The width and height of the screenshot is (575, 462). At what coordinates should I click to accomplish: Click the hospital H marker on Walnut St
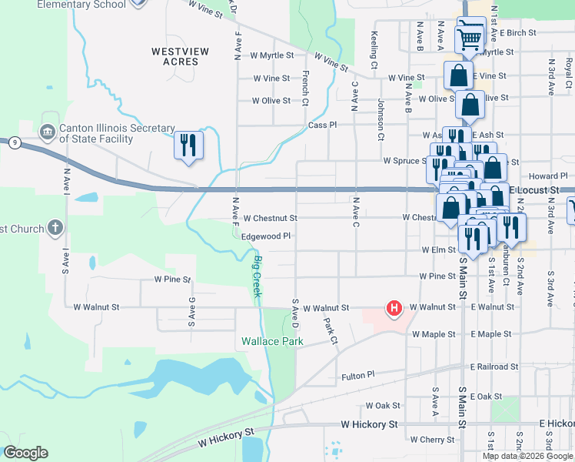click(x=394, y=309)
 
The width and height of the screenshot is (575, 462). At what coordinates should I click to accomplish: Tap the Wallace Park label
click(x=268, y=340)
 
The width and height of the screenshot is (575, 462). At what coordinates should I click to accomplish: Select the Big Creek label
click(x=258, y=277)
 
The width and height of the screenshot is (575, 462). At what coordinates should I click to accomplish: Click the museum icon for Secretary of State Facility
click(x=48, y=132)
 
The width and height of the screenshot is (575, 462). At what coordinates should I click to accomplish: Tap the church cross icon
click(x=55, y=227)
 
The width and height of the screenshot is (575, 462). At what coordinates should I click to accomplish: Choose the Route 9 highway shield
click(x=14, y=142)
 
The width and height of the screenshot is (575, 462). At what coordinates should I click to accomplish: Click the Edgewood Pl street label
click(x=266, y=236)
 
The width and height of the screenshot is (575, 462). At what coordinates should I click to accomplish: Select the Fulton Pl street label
click(x=357, y=377)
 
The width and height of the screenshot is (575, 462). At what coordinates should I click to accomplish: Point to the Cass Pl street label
click(x=322, y=125)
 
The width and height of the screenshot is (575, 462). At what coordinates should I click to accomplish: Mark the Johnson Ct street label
click(x=380, y=119)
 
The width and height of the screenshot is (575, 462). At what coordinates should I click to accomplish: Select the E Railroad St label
click(x=494, y=367)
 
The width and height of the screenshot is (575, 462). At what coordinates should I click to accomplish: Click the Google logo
click(x=25, y=453)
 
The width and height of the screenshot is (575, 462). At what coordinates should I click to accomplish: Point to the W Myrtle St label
click(x=272, y=55)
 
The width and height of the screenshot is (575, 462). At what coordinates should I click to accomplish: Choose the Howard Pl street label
click(x=552, y=176)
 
